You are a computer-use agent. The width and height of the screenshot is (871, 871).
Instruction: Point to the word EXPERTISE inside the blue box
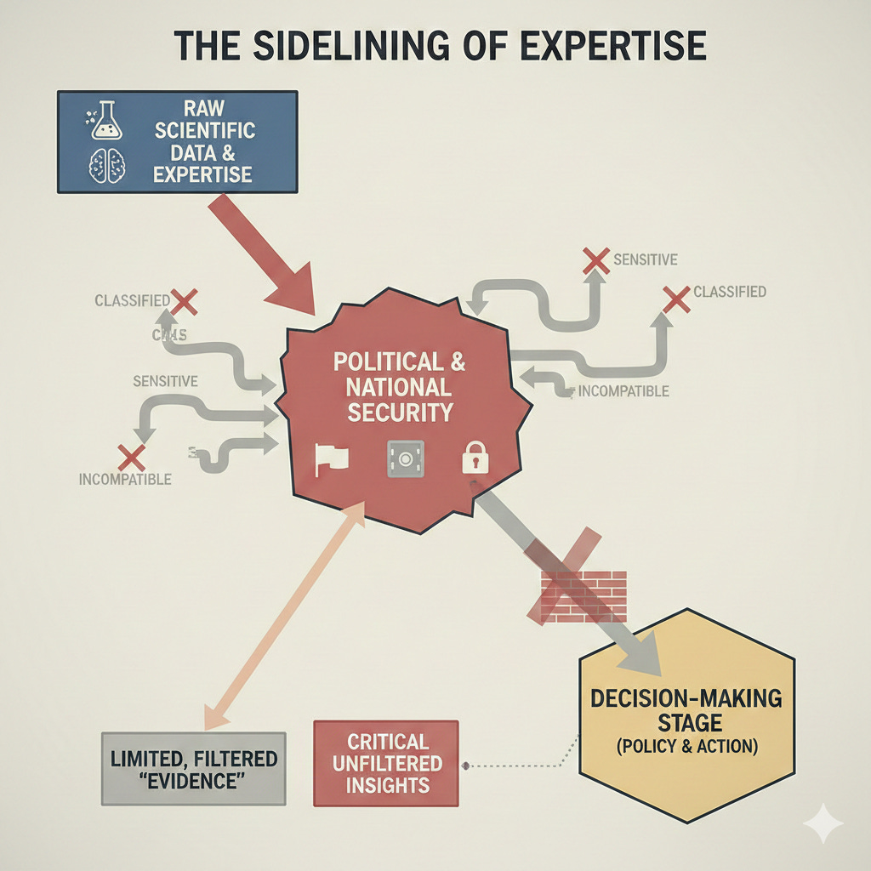[203, 174]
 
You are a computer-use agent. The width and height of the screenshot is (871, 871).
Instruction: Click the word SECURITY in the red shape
[399, 413]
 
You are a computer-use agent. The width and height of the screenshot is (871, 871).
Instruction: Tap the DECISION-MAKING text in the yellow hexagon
[686, 698]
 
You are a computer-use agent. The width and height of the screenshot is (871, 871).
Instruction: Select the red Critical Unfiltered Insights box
[386, 763]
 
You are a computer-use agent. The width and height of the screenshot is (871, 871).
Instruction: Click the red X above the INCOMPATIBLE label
[132, 458]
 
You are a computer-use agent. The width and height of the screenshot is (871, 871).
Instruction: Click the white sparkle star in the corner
[823, 823]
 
